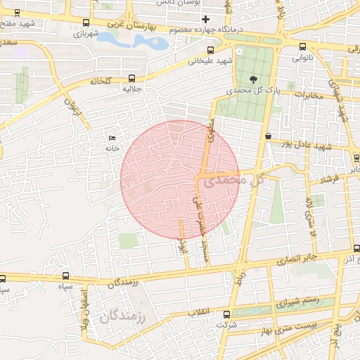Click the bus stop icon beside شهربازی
pos(86,22)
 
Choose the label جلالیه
pos(133,89)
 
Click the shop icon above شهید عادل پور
pos(268,136)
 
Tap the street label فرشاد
pos(328,179)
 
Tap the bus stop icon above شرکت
pos(226,314)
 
